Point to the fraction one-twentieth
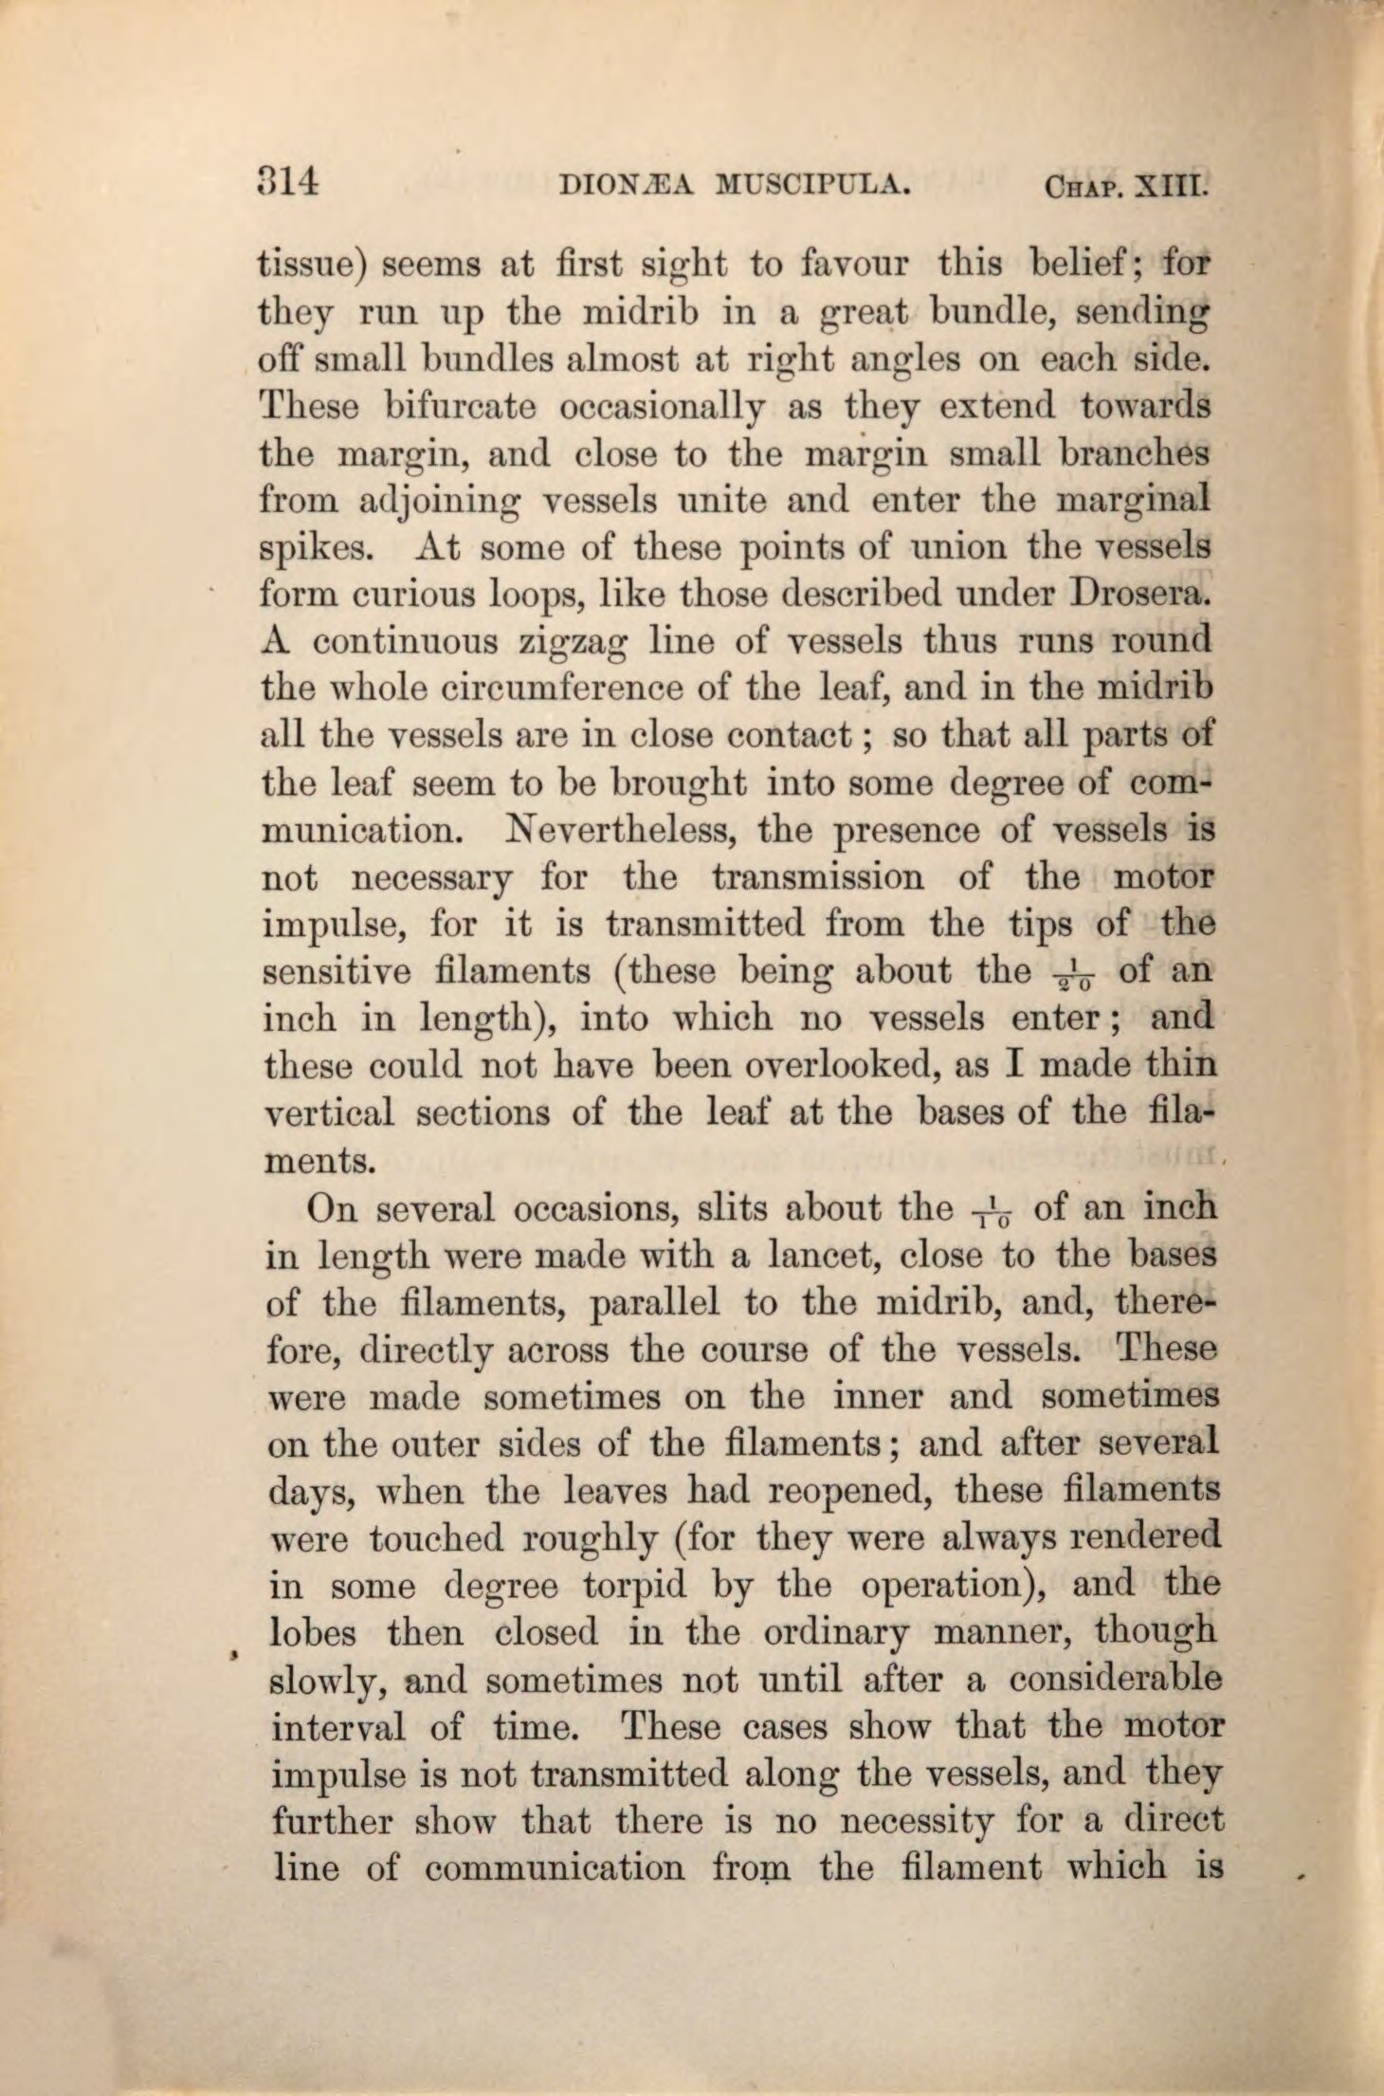[x=1073, y=973]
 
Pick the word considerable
[x=1115, y=1681]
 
